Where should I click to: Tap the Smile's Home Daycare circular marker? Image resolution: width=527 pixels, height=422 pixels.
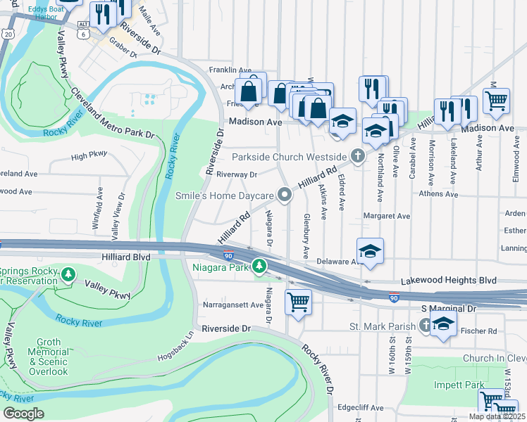[x=285, y=195]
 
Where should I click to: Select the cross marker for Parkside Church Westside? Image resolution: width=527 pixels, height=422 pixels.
[x=358, y=155]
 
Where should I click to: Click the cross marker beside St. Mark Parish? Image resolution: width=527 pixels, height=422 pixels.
[x=425, y=326]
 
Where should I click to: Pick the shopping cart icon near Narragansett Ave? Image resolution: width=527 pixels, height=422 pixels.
[x=298, y=302]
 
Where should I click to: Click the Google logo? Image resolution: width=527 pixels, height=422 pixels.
[x=23, y=414]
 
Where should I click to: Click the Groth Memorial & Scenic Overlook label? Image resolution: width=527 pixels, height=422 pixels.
[x=49, y=356]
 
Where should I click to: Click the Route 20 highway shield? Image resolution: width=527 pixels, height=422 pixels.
[x=8, y=33]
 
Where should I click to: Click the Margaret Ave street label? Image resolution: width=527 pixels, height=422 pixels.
[x=386, y=216]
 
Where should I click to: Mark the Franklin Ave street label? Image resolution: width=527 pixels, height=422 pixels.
[x=230, y=70]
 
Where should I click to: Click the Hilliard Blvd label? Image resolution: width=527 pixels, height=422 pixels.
[x=126, y=257]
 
